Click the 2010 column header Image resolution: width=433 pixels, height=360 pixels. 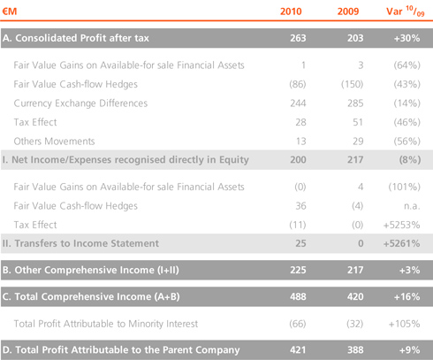(291, 11)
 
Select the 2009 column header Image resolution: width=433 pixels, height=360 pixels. (348, 11)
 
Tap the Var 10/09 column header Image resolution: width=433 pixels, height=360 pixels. (406, 11)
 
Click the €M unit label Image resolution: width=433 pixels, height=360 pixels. (10, 11)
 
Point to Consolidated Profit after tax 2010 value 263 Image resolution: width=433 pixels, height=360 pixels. (298, 38)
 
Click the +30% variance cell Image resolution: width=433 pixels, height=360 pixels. (406, 38)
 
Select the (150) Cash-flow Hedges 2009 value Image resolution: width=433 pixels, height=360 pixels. (352, 84)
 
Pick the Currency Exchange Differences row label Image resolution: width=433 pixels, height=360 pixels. (80, 103)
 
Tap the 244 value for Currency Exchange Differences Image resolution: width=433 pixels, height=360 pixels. (298, 103)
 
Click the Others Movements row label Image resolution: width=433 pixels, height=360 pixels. (54, 142)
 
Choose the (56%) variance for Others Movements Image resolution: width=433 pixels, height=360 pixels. (406, 142)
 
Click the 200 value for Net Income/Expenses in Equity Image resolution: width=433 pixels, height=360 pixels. (298, 160)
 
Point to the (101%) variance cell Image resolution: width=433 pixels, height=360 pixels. (404, 187)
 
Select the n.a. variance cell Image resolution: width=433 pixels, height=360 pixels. (412, 206)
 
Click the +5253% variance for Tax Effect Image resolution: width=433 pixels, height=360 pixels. (401, 225)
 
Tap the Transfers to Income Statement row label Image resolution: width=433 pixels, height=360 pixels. (80, 243)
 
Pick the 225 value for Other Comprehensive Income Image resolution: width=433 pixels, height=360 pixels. (298, 270)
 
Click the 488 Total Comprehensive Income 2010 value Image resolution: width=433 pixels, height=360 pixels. (298, 296)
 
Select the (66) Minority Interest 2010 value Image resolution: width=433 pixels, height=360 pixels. (298, 324)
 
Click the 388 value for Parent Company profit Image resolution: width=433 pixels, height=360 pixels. (355, 350)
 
